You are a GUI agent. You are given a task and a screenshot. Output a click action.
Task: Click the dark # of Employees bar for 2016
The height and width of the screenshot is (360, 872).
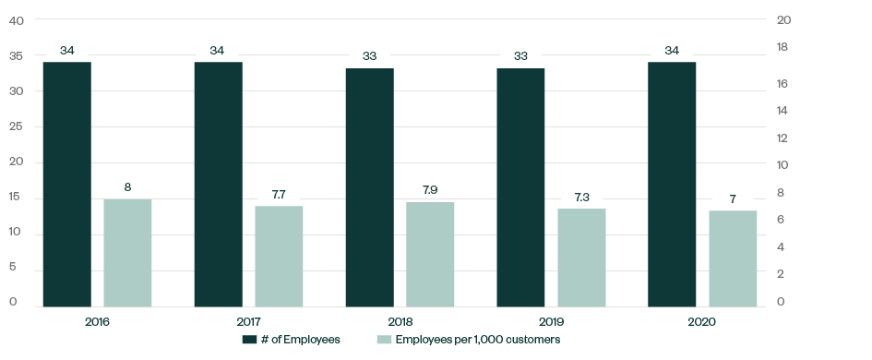[66, 184]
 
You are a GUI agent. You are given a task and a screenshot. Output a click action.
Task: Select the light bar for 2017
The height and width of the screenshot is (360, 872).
[279, 256]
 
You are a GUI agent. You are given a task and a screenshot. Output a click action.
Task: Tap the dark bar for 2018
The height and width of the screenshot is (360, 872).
[369, 186]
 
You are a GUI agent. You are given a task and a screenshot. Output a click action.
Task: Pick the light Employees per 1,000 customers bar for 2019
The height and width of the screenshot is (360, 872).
[581, 258]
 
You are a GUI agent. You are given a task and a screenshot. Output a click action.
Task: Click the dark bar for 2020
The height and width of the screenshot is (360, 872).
[672, 184]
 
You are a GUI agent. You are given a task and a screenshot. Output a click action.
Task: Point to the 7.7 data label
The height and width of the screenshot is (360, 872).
[279, 195]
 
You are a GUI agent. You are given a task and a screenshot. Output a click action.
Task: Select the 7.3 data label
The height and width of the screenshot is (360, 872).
[581, 197]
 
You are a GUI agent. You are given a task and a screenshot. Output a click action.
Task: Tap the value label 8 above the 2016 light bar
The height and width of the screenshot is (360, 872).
[127, 187]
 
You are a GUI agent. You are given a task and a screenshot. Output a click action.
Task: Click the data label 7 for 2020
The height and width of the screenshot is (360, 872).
[733, 198]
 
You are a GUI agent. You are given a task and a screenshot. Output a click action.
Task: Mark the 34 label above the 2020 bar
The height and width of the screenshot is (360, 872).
[672, 50]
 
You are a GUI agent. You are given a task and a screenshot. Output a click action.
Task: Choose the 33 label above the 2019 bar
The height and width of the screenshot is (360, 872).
[520, 56]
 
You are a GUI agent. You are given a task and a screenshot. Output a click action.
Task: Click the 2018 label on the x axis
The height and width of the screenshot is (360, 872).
[400, 322]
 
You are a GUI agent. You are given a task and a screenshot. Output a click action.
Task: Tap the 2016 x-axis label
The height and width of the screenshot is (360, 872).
[97, 322]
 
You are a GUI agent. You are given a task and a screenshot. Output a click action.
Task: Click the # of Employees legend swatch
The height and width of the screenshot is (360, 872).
[248, 340]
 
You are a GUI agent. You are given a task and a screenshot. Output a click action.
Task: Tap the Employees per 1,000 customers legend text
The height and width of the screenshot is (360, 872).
[477, 340]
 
